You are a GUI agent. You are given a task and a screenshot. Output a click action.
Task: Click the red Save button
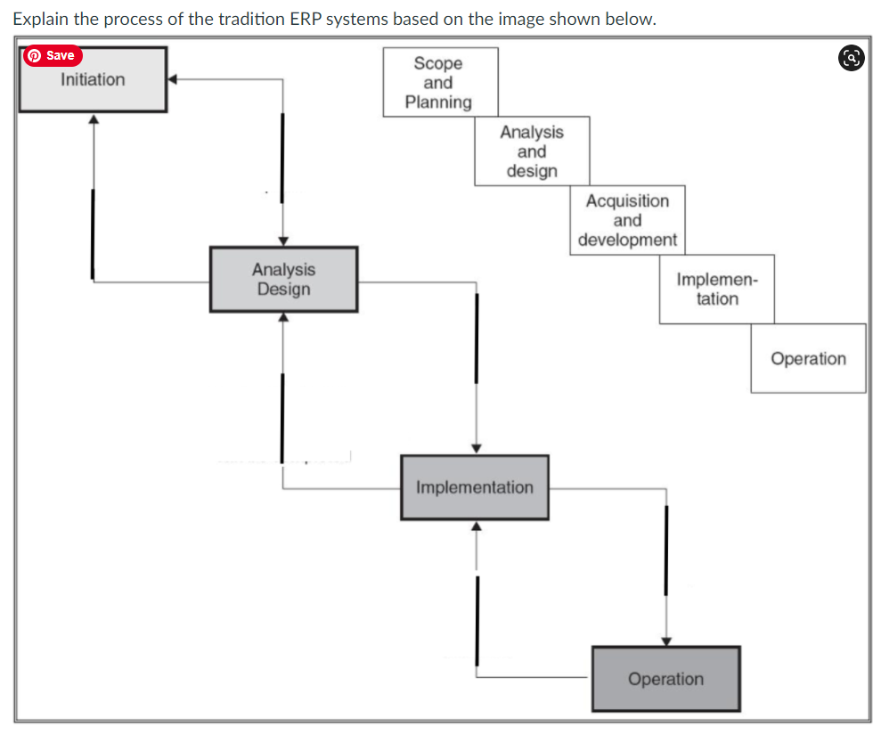(x=52, y=55)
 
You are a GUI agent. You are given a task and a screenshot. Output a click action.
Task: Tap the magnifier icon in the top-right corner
(x=850, y=58)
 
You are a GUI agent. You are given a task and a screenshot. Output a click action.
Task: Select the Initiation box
(x=93, y=79)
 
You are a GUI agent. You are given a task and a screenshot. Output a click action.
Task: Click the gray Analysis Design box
(x=283, y=279)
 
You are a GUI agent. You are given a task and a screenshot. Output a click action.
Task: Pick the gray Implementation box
(x=474, y=487)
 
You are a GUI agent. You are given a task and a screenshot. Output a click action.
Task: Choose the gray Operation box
(x=665, y=679)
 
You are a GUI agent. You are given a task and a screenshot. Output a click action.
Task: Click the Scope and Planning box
(x=440, y=82)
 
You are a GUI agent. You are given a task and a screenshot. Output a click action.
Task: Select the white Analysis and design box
(x=532, y=151)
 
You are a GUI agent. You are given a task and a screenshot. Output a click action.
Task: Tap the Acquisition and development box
(x=627, y=220)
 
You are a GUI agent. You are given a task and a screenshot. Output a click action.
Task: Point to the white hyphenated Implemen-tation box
(x=717, y=289)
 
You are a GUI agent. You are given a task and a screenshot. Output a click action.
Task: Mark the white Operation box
(x=808, y=358)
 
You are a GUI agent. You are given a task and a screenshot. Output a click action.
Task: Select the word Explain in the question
(x=40, y=19)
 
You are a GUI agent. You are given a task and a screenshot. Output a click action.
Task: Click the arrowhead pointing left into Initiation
(x=174, y=79)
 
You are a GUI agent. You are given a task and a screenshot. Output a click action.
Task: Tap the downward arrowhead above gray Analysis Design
(x=283, y=241)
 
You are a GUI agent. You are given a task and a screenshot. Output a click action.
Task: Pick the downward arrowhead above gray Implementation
(x=477, y=448)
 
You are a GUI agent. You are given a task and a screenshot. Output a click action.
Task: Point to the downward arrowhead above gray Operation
(x=665, y=640)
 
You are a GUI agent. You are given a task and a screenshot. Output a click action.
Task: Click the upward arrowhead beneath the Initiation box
(x=93, y=119)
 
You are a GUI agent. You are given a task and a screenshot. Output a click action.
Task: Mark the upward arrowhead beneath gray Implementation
(x=476, y=527)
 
